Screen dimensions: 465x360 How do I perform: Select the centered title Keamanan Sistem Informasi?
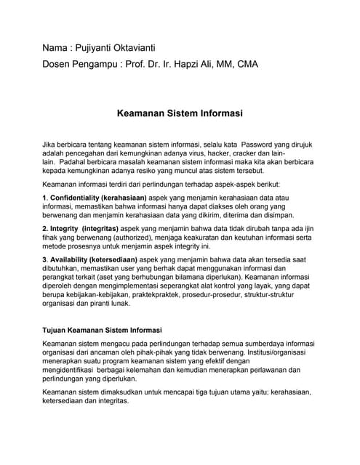[179, 113]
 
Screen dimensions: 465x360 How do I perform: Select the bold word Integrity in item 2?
[65, 229]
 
